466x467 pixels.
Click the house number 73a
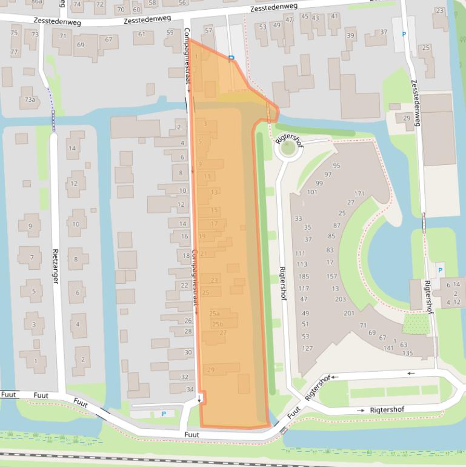click(30, 99)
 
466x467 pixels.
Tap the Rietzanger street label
click(56, 266)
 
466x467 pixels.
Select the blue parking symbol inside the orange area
click(231, 59)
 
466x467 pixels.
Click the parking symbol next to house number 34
click(164, 414)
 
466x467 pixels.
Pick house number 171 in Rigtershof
click(359, 194)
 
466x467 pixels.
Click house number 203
click(341, 299)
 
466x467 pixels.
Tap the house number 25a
click(215, 314)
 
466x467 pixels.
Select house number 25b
click(218, 324)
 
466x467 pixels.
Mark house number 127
click(307, 349)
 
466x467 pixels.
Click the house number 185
click(303, 277)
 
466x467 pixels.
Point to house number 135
click(407, 353)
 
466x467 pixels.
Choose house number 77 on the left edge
click(14, 52)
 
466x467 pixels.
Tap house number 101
click(312, 192)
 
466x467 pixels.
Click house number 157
click(331, 276)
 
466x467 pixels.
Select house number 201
click(349, 313)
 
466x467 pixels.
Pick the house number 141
click(388, 348)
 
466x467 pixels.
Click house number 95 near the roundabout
click(336, 166)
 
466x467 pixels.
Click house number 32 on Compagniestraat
click(185, 377)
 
